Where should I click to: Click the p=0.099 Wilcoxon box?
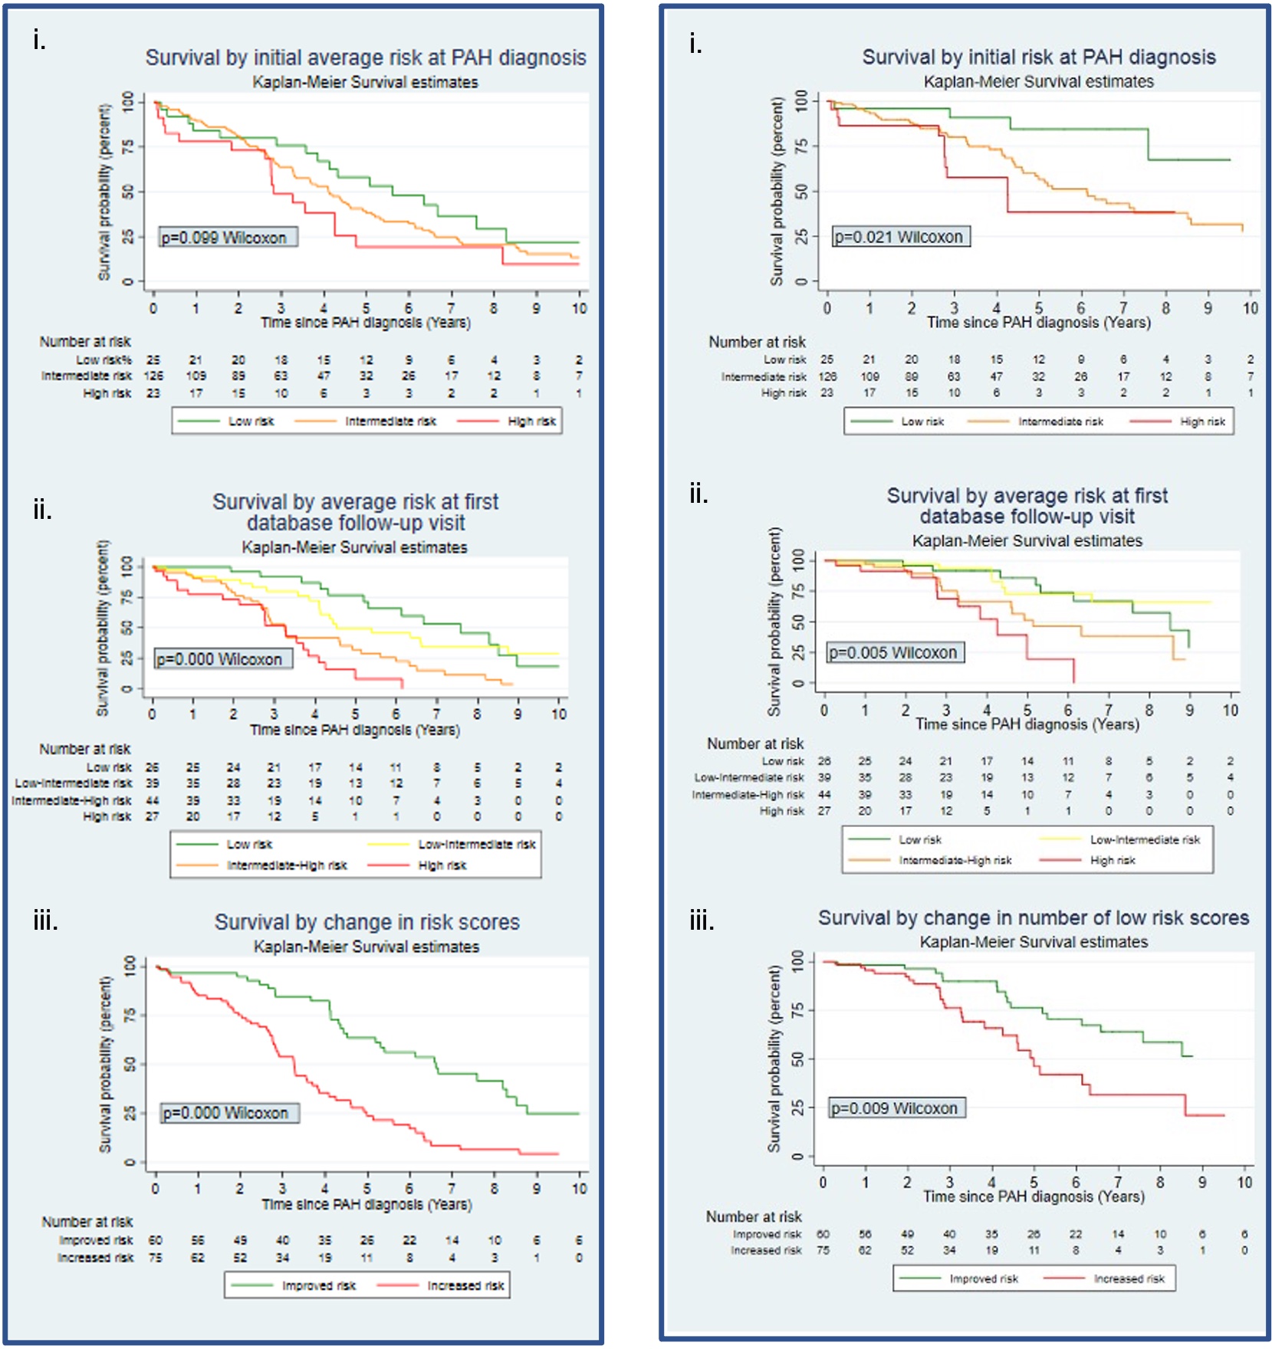point(228,238)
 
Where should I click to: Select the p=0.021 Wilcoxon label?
point(902,237)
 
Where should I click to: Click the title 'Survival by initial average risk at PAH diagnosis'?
point(366,57)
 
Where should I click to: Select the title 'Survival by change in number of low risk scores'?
point(1033,917)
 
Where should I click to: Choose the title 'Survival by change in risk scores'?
point(366,922)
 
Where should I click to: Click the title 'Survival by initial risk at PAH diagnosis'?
point(1038,57)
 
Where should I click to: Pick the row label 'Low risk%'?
point(104,359)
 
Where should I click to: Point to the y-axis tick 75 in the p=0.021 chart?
point(801,146)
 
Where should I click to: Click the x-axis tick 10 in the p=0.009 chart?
point(1244,1182)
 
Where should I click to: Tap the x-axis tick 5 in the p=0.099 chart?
point(366,308)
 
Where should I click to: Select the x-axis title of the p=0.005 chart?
point(1027,724)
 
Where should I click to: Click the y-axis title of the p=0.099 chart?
point(104,192)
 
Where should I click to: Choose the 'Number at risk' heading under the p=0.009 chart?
point(754,1216)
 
